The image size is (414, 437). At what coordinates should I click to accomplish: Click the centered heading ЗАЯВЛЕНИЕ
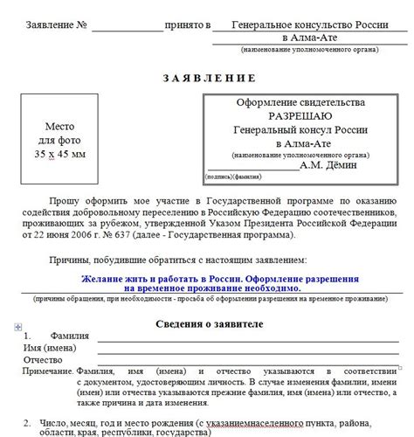pos(206,78)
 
